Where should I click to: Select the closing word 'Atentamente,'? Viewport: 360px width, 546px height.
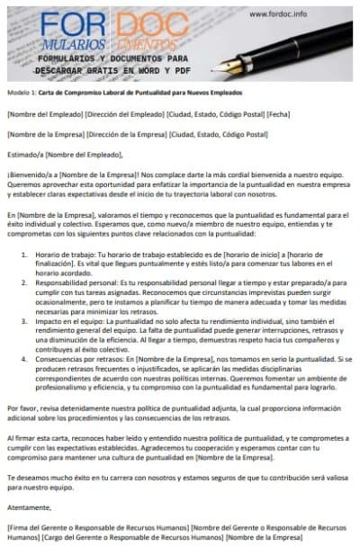pyautogui.click(x=27, y=506)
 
